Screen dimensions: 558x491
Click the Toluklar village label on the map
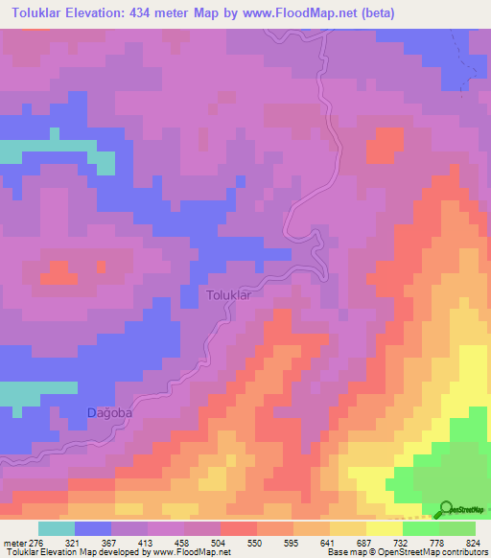point(228,295)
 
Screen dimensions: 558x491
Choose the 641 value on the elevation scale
point(329,543)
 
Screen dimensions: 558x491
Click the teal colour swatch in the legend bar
point(57,528)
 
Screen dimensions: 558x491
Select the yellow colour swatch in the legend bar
point(384,528)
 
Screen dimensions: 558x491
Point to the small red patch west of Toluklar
point(59,274)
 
